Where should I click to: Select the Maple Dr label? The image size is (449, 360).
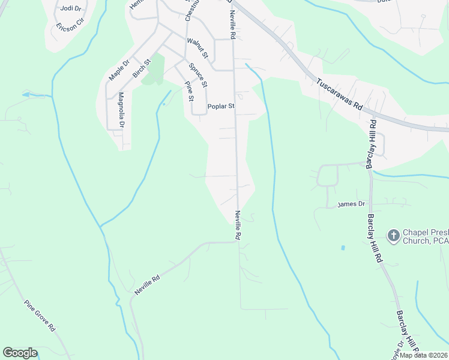(119, 71)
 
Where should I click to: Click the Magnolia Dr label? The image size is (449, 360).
(121, 110)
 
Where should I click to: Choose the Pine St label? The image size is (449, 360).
(189, 91)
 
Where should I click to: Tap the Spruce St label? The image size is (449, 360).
(197, 74)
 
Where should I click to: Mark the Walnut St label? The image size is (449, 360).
(197, 48)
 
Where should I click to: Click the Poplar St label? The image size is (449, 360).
(220, 107)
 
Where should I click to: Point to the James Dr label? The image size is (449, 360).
(351, 204)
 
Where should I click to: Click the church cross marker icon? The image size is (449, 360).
(394, 235)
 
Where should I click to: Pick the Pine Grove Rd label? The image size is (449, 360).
(40, 316)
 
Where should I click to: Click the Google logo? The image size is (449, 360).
(20, 353)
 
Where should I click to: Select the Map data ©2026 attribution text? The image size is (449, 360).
(423, 355)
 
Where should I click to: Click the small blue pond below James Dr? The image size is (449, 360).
(342, 247)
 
